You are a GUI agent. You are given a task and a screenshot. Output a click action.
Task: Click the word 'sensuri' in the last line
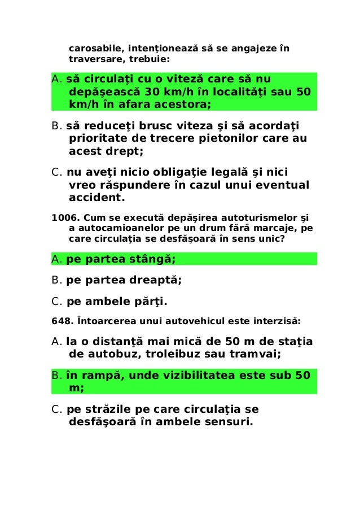(222, 421)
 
